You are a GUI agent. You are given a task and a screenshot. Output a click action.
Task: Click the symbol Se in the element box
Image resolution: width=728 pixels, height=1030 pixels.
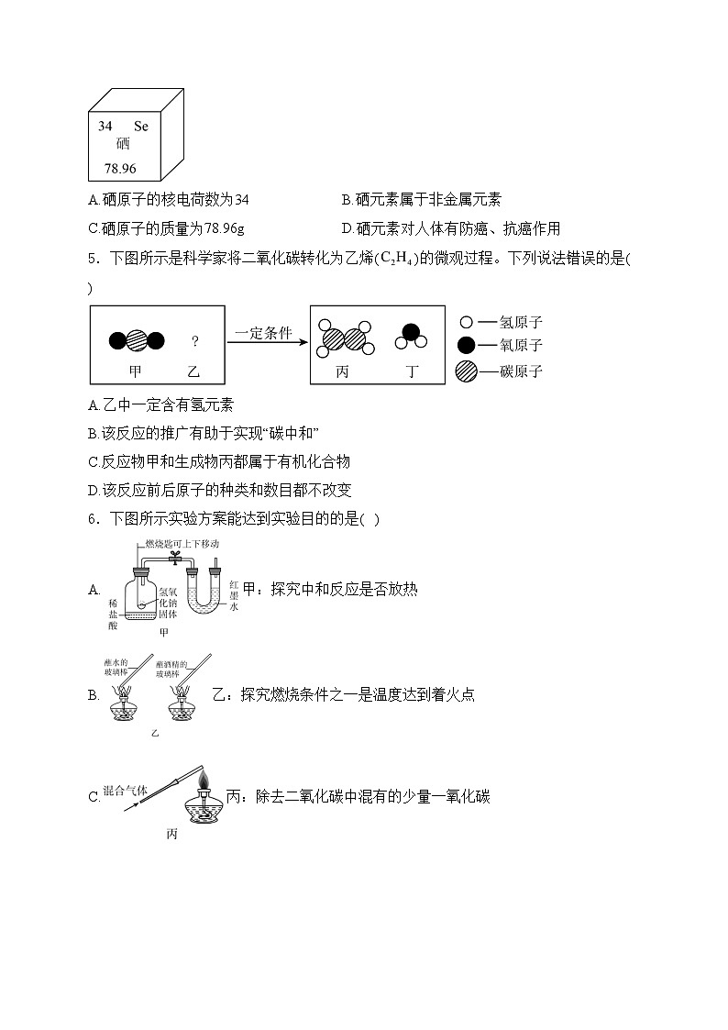pos(140,126)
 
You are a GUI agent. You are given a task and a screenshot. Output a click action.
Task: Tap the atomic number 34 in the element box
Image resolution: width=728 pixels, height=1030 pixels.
pos(105,126)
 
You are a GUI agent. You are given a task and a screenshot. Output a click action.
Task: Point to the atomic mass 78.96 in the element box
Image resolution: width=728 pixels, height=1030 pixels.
pos(120,168)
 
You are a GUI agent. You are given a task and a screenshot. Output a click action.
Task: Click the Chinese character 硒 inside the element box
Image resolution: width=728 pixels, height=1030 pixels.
pos(123,144)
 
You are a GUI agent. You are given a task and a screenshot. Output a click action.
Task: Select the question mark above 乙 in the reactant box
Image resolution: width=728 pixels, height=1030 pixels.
pos(194,341)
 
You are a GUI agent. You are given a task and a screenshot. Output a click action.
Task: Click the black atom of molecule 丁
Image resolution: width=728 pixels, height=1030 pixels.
pos(412,332)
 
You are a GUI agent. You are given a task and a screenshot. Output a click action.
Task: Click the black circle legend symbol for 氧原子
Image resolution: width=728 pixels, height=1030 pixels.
pos(466,345)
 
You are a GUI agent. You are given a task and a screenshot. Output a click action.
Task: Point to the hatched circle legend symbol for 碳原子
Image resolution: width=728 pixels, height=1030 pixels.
pos(466,371)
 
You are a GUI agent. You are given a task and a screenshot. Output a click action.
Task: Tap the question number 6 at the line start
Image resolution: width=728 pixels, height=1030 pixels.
pos(93,519)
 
